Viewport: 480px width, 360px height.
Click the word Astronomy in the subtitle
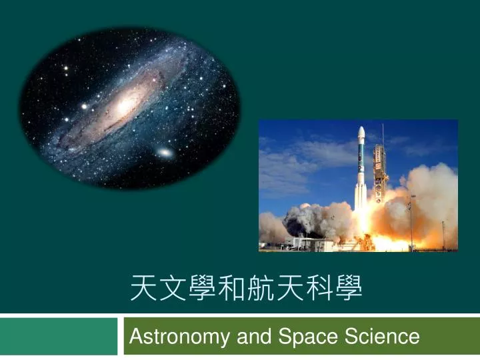click(x=179, y=337)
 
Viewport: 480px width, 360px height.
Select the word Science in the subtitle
click(x=382, y=336)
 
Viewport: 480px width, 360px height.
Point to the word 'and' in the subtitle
click(x=254, y=336)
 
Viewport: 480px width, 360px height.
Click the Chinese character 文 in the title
click(x=173, y=288)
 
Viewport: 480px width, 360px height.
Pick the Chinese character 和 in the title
click(x=232, y=288)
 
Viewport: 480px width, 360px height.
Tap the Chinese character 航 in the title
click(x=261, y=288)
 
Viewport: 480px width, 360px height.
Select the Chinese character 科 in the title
click(x=319, y=288)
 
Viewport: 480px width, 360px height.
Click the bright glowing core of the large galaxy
click(x=124, y=106)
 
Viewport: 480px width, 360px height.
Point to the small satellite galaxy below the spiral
click(x=165, y=152)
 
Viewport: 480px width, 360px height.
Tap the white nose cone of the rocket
click(x=361, y=134)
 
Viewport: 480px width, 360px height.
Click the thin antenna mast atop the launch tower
click(x=383, y=135)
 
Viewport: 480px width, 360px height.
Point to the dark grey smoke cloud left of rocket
click(x=301, y=221)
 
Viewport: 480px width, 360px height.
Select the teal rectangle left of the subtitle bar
click(x=59, y=336)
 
